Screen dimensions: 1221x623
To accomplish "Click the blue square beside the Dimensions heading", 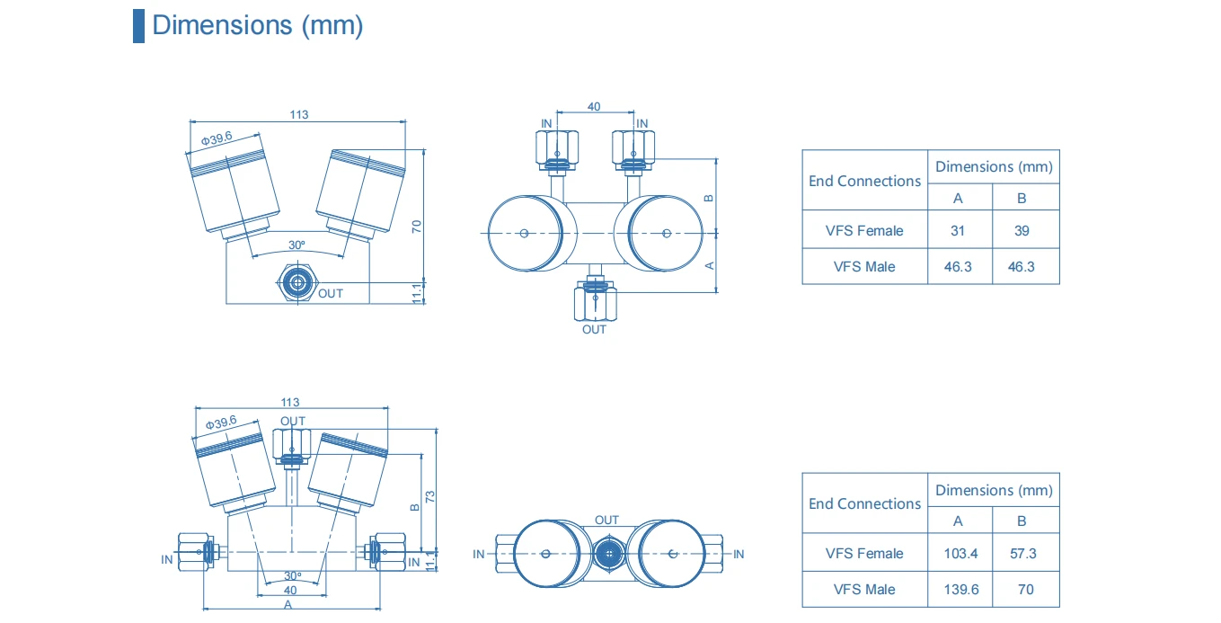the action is point(139,26).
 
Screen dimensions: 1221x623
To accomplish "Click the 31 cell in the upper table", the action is point(958,231).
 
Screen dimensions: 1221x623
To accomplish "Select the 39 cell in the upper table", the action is point(1022,231).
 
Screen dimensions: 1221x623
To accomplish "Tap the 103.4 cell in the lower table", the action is point(960,554).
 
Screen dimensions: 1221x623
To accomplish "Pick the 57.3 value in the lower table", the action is point(1023,554).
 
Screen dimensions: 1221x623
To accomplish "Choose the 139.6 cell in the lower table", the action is point(961,590).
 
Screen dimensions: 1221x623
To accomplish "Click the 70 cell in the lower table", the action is point(1026,590).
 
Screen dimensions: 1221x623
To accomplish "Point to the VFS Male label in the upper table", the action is point(864,267).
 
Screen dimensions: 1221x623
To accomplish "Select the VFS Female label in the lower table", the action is point(864,554).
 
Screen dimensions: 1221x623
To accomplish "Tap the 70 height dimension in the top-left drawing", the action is point(417,227).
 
